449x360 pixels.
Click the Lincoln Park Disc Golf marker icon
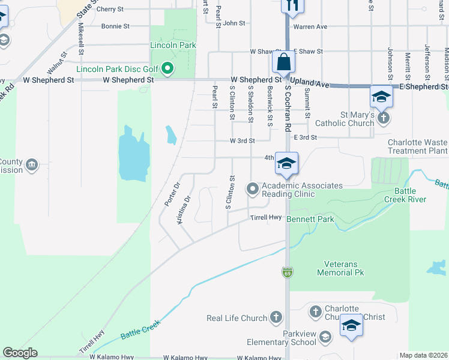click(169, 68)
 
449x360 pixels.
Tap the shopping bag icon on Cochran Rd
click(283, 62)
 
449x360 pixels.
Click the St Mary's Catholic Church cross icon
click(385, 118)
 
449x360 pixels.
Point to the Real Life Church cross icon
click(276, 317)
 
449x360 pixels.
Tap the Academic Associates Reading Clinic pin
click(253, 190)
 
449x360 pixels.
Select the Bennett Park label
click(310, 220)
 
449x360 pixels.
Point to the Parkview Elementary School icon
click(325, 338)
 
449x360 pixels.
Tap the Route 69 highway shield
click(288, 272)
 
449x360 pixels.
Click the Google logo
click(20, 353)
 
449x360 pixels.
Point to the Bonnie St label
click(115, 26)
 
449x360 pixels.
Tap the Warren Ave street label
click(310, 26)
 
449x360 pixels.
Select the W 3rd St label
click(243, 141)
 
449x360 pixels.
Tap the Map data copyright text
click(424, 355)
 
